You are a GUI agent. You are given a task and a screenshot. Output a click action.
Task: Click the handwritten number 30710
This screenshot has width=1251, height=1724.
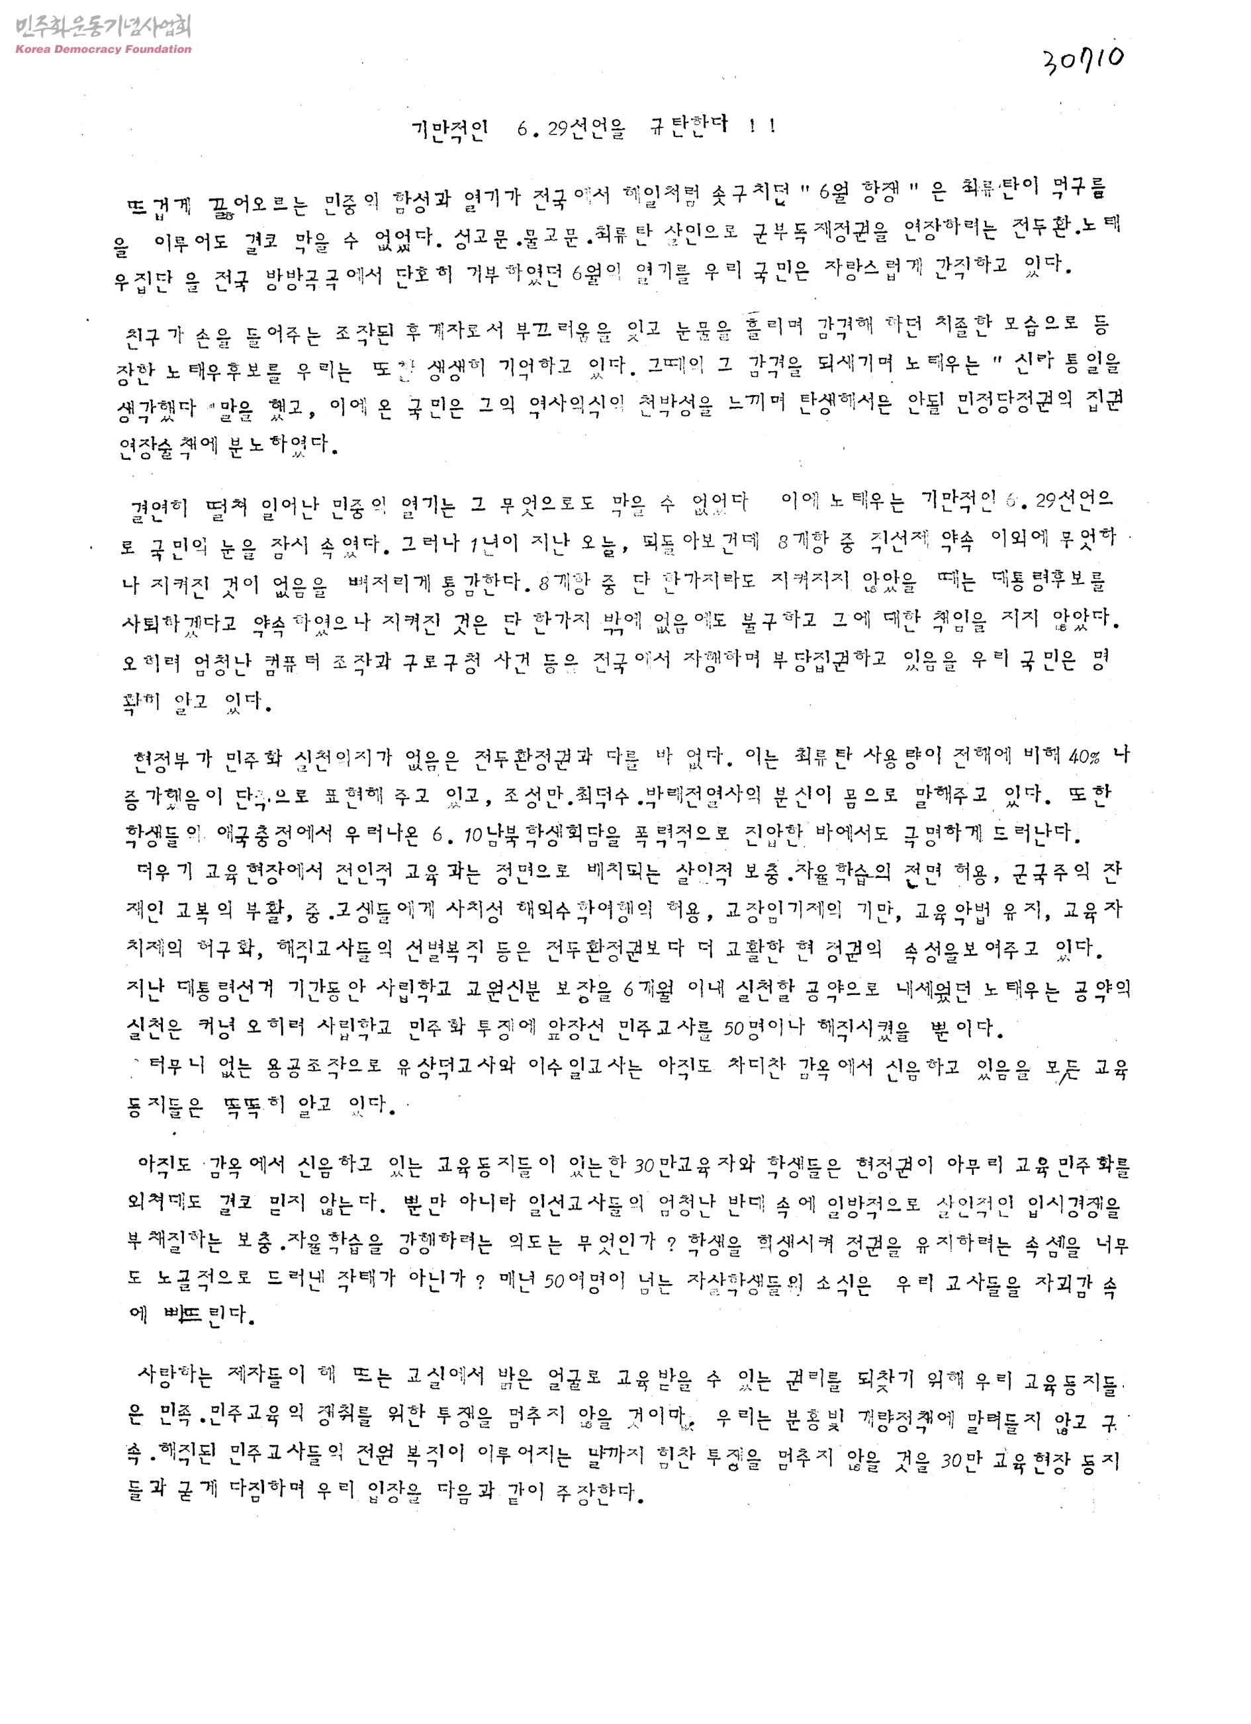coord(1084,60)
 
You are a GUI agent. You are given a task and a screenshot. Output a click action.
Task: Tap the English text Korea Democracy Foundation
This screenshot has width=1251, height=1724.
coord(103,50)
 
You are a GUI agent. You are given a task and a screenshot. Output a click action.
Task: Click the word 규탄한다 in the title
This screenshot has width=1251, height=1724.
coord(688,126)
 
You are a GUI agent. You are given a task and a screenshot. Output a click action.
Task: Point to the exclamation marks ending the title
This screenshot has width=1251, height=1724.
coord(761,126)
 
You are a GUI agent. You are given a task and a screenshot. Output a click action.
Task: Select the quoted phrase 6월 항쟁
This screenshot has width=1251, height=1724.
coord(866,191)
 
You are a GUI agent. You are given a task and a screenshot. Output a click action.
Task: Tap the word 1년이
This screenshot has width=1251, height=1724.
coord(494,542)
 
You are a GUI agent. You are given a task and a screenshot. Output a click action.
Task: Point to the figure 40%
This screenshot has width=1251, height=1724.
coord(1084,757)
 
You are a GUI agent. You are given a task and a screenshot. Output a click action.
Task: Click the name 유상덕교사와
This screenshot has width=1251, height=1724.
coord(455,1066)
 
